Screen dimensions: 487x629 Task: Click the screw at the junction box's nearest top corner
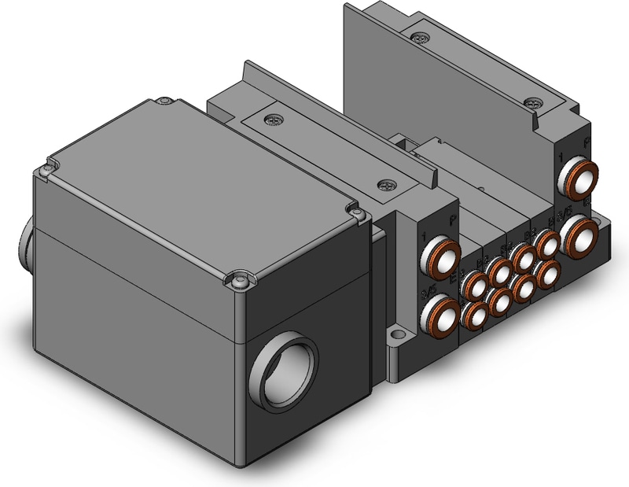pos(241,278)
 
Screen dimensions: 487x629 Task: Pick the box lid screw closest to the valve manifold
pos(355,210)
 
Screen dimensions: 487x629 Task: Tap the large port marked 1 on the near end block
pos(440,256)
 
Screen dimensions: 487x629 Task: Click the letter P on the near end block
pos(451,223)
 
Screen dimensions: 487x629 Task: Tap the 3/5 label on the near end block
pos(429,292)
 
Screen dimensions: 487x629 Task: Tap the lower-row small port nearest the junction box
pos(474,315)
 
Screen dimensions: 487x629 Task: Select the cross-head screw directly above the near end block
pos(386,186)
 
